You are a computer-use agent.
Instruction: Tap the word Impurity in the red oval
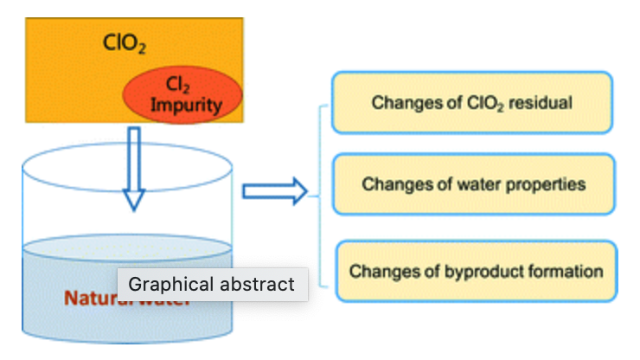186,106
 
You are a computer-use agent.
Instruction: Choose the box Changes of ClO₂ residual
472,102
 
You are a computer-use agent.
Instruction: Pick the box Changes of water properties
473,184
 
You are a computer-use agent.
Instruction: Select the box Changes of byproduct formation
477,271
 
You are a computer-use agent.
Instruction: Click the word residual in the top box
541,103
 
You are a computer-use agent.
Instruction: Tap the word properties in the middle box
546,184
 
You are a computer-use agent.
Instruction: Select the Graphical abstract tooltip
212,284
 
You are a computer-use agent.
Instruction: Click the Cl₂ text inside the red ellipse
176,85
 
